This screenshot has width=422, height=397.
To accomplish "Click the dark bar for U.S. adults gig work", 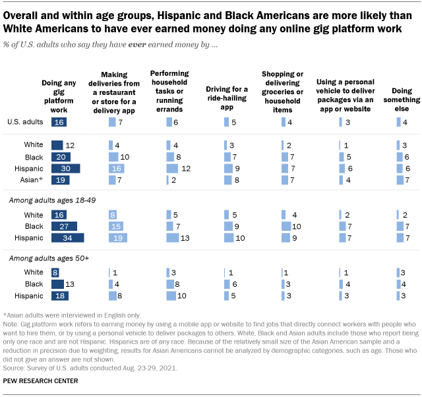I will click(58, 122).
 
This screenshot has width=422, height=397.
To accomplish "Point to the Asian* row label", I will click(34, 179).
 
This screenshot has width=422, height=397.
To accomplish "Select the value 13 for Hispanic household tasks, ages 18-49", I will click(187, 237).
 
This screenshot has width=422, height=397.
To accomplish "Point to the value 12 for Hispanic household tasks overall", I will click(185, 168).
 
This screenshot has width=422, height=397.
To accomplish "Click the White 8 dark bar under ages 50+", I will click(55, 272).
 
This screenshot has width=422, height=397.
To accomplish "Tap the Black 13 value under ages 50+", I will click(69, 284).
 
